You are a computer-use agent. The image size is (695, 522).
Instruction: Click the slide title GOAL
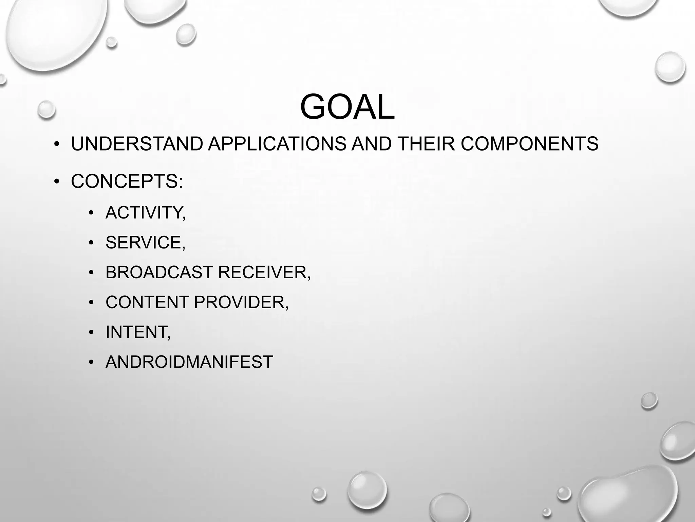[347, 107]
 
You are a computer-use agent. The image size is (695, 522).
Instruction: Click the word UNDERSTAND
[137, 144]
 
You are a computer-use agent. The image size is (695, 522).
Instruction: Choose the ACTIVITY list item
[146, 213]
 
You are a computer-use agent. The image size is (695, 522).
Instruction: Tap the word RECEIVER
[264, 272]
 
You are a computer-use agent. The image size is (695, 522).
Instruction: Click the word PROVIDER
[241, 302]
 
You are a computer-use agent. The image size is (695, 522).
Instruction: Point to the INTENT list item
[138, 332]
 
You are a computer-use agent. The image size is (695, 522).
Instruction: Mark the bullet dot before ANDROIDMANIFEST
[91, 362]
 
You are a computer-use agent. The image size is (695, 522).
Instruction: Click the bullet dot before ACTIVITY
[91, 213]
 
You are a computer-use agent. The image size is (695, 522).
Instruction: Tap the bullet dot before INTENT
[91, 333]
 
